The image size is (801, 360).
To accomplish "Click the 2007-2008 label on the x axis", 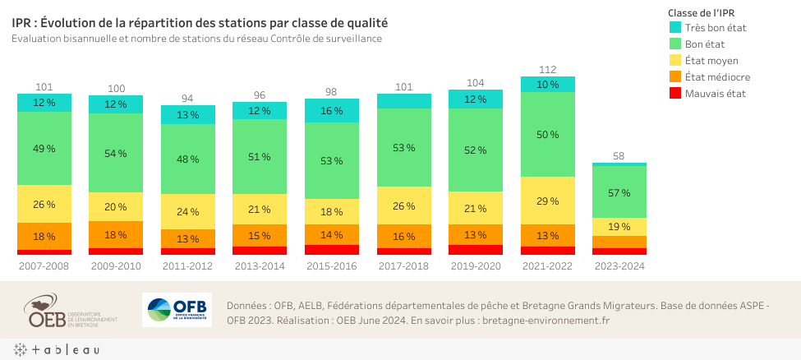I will tap(44, 266).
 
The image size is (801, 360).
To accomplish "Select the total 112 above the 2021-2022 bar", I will tap(547, 70).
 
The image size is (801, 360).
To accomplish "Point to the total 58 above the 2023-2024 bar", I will tap(619, 156).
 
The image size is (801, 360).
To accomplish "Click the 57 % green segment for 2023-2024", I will tap(619, 192).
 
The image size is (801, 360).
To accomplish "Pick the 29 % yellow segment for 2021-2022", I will tap(547, 201).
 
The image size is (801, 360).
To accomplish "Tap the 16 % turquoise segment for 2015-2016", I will tap(331, 111).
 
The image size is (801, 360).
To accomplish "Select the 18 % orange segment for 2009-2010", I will tap(116, 235).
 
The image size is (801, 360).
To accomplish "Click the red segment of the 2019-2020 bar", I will tap(475, 250).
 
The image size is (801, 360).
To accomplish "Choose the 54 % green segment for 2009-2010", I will tap(116, 154).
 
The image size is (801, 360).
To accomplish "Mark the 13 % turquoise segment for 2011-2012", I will tap(187, 115).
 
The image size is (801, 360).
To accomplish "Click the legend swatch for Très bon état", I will tap(674, 28).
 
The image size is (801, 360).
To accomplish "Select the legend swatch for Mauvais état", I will tap(674, 93).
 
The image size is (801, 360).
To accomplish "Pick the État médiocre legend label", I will tap(716, 76).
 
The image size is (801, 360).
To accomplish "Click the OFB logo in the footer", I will tap(177, 310).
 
